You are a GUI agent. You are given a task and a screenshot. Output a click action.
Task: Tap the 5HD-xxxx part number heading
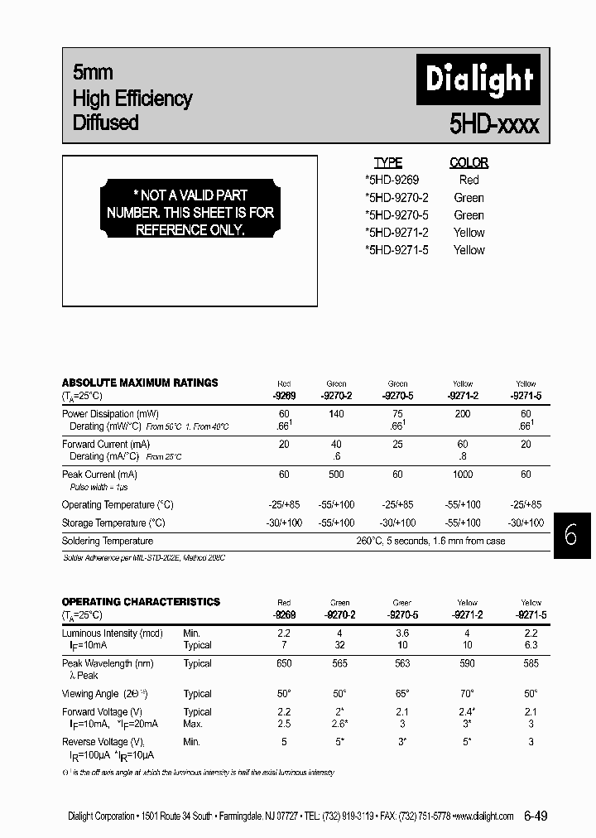tap(494, 124)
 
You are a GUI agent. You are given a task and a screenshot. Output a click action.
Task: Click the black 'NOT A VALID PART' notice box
tap(190, 213)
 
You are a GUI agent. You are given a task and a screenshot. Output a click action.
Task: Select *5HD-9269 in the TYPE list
tap(392, 180)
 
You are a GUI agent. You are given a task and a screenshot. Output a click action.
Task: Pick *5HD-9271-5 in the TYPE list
tap(396, 250)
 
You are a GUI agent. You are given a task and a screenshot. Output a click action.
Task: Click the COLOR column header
tap(469, 163)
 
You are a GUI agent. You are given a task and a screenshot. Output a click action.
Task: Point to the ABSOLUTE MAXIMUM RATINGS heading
tap(140, 383)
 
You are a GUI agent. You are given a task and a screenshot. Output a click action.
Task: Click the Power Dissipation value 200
tap(463, 414)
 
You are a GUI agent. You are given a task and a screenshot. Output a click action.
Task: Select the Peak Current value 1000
tap(463, 474)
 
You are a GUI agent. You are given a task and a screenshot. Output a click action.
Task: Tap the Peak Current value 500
tap(336, 474)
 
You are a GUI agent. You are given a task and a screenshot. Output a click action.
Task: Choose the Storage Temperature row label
tap(113, 523)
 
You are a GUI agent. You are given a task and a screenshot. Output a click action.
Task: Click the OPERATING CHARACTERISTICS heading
tap(141, 602)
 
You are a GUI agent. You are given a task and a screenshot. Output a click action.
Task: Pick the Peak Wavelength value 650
tap(284, 663)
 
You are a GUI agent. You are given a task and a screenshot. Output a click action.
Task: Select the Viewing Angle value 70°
tap(466, 694)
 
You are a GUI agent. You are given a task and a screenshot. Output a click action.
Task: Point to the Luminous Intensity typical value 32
tap(336, 645)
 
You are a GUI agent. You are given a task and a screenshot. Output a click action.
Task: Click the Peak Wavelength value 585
tap(531, 663)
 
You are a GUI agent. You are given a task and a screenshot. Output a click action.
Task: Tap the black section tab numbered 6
tap(571, 535)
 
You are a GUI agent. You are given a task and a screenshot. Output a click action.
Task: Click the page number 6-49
tap(535, 816)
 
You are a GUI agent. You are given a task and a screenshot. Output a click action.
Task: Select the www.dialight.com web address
tap(483, 816)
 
